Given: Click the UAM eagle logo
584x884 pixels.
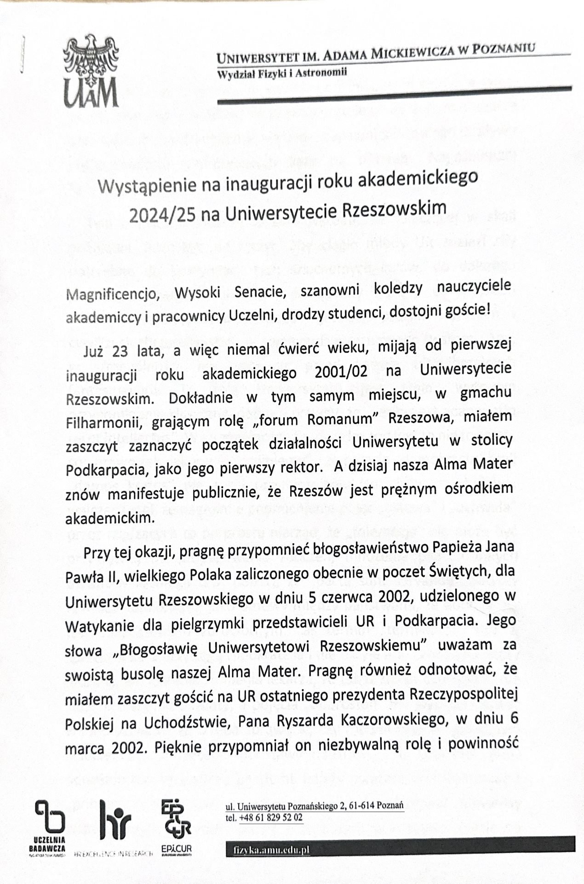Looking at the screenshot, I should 91,71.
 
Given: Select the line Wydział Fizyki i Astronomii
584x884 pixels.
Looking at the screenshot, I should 282,73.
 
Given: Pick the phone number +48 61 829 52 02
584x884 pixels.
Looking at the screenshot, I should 270,817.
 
